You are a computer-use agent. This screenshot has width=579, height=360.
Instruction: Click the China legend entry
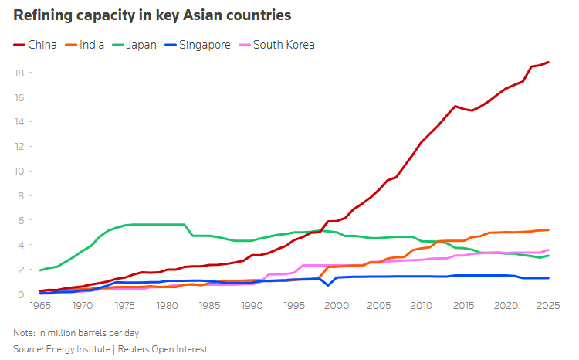(35, 45)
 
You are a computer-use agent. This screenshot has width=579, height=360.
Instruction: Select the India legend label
(85, 45)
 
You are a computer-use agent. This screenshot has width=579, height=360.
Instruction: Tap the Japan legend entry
(134, 45)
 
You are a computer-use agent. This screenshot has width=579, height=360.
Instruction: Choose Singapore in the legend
(198, 45)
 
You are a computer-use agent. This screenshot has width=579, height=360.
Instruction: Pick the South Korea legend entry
(277, 45)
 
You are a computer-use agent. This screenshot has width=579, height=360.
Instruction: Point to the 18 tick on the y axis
(19, 73)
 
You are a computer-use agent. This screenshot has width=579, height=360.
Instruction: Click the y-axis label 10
(19, 172)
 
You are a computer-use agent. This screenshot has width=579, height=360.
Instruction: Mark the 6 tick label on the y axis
(21, 220)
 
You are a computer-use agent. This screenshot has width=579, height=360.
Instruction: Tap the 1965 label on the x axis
(40, 306)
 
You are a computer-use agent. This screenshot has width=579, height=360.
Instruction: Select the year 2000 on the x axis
(337, 306)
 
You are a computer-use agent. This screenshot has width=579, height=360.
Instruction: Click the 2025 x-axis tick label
(548, 306)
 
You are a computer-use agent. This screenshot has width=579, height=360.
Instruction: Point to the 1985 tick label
(210, 306)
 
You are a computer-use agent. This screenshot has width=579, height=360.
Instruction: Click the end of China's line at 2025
(548, 62)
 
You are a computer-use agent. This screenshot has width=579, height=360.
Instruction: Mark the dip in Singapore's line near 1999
(328, 285)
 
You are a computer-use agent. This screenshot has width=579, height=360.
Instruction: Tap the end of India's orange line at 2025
(548, 230)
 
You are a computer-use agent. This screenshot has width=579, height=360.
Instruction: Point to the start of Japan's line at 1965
(40, 270)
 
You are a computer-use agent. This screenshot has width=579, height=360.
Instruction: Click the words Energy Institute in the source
(78, 349)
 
